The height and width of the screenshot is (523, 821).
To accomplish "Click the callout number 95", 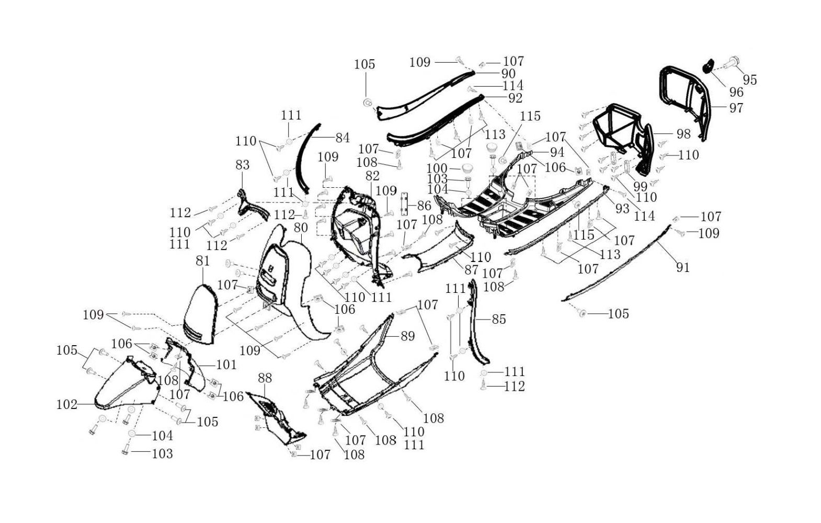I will pos(749,79).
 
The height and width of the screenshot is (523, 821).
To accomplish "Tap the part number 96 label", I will pos(736,92).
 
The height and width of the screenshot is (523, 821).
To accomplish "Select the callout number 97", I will pos(736,108).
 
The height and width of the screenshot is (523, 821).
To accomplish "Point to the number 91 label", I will pos(683,267).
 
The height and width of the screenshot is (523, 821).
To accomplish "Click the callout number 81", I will pos(202,260).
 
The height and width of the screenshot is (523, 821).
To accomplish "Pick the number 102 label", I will pos(67,404).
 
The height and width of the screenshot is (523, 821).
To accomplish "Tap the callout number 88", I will pos(265,377).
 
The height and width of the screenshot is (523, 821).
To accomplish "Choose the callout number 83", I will pos(242,165).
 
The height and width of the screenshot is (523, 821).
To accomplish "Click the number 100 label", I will pos(437,168).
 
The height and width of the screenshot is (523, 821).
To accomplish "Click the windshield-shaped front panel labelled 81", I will pos(199,314).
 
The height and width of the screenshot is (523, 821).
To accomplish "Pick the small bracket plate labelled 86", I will pos(403,204).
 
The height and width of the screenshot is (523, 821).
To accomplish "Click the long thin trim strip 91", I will pos(617,264).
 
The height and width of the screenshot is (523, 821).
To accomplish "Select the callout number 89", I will pos(407,336).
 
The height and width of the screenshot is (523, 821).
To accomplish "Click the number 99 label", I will pos(640,186).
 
